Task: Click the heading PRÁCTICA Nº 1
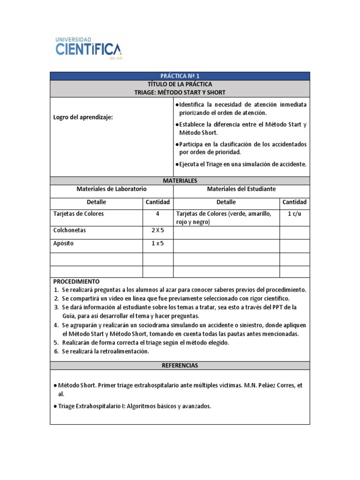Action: click(180, 76)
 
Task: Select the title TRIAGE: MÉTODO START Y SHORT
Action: click(180, 92)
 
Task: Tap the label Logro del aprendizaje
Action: click(82, 117)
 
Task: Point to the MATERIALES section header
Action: click(180, 180)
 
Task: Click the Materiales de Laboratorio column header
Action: click(112, 189)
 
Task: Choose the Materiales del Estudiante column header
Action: click(241, 189)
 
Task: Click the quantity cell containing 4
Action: click(158, 214)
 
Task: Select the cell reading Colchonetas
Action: click(70, 231)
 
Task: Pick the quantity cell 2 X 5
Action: click(158, 231)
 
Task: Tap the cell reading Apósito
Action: click(64, 244)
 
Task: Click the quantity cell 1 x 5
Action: click(158, 244)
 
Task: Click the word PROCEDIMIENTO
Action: click(76, 282)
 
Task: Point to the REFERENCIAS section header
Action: click(180, 365)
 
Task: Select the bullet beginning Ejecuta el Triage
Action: click(241, 165)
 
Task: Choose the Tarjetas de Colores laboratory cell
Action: click(79, 214)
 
